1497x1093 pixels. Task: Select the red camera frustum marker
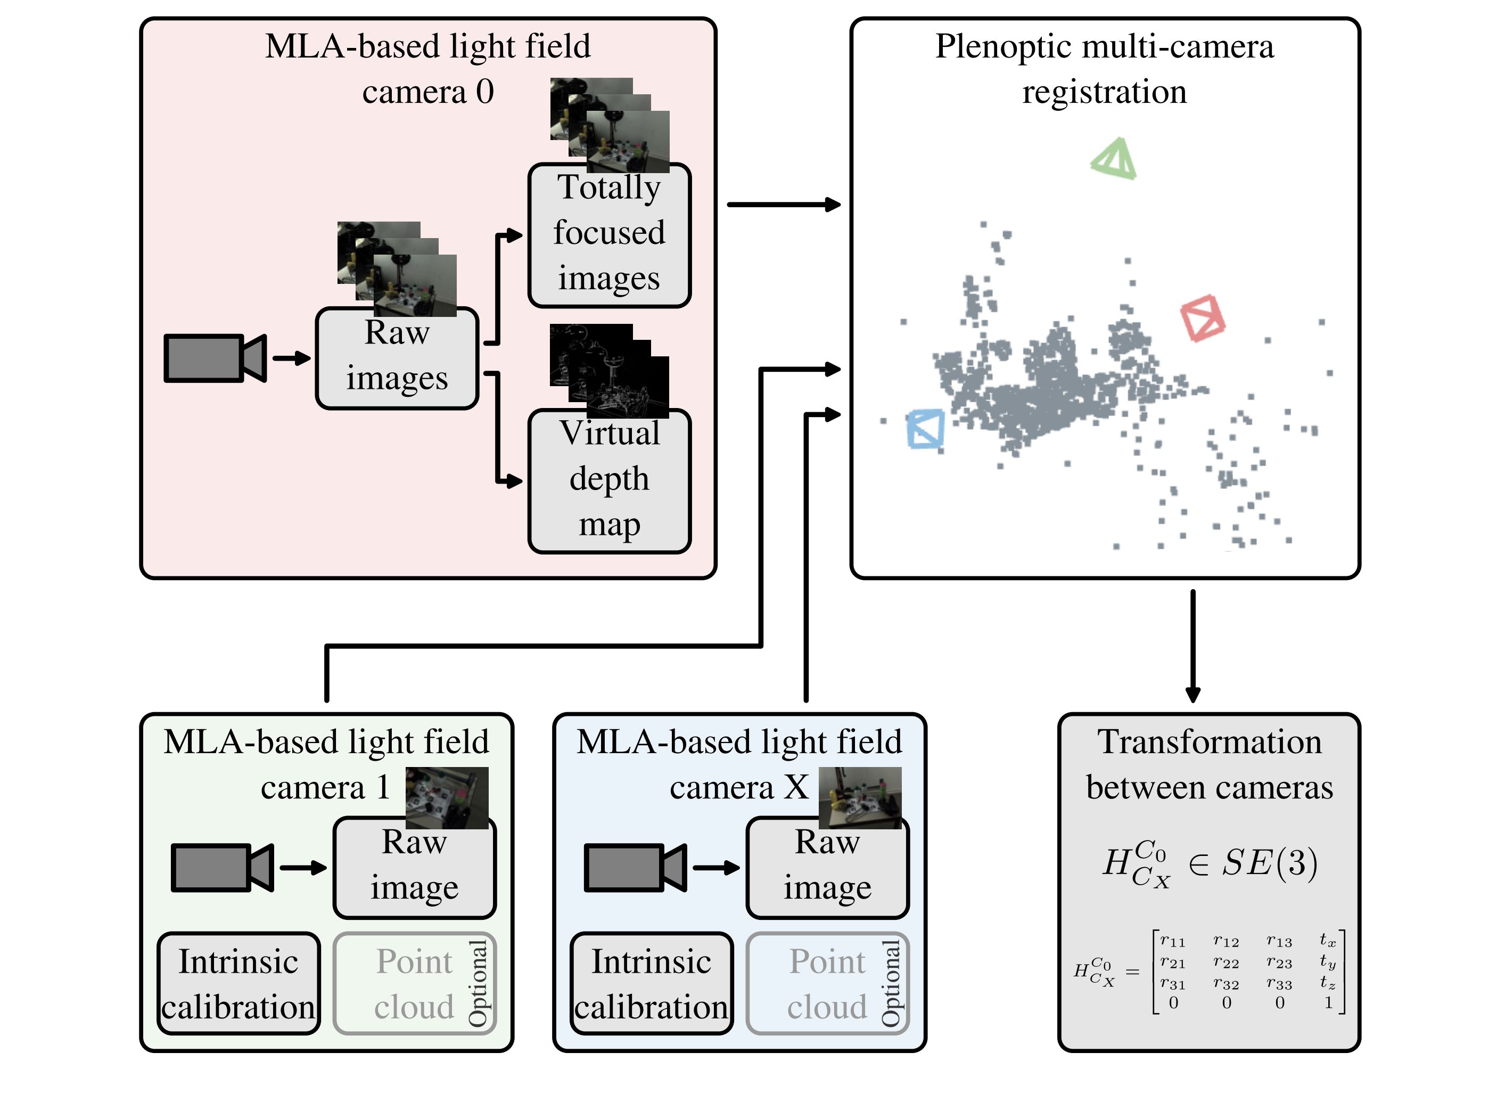[1202, 317]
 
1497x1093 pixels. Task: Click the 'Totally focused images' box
[609, 235]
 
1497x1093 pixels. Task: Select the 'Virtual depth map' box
[609, 481]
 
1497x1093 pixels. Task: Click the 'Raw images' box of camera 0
[397, 358]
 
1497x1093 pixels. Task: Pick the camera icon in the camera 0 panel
[214, 358]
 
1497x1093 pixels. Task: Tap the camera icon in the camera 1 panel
[221, 867]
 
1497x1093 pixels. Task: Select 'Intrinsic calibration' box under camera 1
[238, 983]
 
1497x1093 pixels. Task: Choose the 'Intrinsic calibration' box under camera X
[651, 983]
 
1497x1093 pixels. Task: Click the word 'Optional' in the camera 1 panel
[478, 983]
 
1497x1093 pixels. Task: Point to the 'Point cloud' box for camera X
[827, 983]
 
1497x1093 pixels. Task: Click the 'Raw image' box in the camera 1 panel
[415, 867]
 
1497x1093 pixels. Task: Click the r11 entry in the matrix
[1172, 941]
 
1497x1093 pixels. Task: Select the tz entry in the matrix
[1328, 983]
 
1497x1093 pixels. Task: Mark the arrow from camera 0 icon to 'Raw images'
[292, 358]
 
